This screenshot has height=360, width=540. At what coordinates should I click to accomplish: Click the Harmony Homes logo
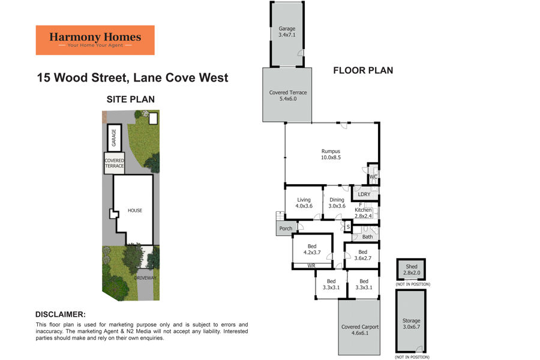tap(95, 40)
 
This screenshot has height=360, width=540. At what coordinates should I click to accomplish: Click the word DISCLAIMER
tap(60, 314)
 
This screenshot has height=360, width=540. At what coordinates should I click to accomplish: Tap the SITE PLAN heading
tap(131, 99)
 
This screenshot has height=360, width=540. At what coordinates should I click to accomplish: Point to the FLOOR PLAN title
tap(363, 70)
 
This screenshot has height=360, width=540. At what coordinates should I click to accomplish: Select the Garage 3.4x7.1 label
tap(287, 32)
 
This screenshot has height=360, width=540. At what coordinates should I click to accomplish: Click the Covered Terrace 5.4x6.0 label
tap(288, 95)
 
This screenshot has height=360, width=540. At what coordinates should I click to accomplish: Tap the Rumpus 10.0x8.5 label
tap(331, 154)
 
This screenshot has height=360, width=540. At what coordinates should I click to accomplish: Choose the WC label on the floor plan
tap(373, 177)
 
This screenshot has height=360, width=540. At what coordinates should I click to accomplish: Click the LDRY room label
tap(364, 194)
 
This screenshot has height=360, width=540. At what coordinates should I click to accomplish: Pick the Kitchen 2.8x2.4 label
tap(364, 213)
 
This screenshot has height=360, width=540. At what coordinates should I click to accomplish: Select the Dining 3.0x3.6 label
tap(337, 203)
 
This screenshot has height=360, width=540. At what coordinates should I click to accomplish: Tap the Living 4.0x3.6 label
tap(304, 203)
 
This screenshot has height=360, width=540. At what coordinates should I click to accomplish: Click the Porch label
tap(286, 229)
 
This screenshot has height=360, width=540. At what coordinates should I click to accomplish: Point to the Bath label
tap(367, 236)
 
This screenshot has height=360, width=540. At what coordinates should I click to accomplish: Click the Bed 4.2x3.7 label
tap(312, 250)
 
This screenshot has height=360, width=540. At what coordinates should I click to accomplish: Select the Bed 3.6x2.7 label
tap(362, 255)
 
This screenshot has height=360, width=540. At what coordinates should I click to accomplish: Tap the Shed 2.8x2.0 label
tap(412, 269)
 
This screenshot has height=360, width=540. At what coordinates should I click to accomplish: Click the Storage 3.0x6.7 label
tap(411, 323)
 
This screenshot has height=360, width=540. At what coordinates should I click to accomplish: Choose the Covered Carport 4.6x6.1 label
tap(360, 329)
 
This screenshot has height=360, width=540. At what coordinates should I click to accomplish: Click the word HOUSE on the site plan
tap(134, 211)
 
